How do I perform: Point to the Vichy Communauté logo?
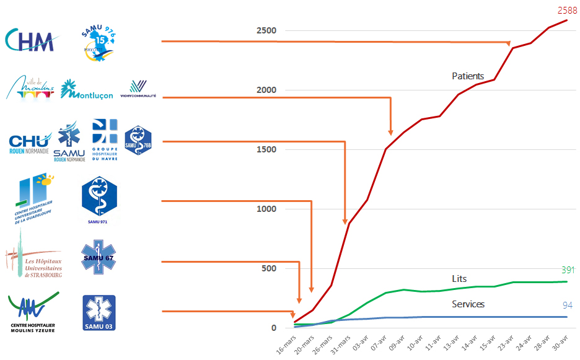click(x=138, y=88)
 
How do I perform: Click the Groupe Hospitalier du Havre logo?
click(x=104, y=139)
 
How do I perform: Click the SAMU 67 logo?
click(x=99, y=258)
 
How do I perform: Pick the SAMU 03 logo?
click(x=99, y=312)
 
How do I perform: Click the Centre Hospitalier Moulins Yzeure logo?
click(x=33, y=312)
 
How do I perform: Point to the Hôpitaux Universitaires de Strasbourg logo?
click(x=34, y=258)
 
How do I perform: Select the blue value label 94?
click(x=567, y=305)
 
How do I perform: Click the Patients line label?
click(x=468, y=76)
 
